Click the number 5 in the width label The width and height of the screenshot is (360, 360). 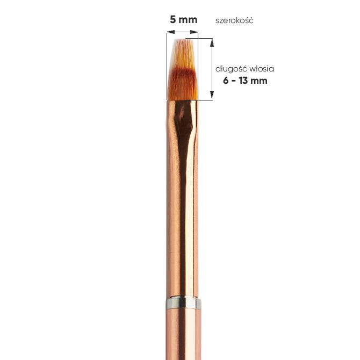[172, 19]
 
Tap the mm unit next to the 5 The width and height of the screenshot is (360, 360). [188, 20]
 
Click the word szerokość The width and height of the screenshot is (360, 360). [234, 20]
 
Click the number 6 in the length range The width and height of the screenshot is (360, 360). [226, 81]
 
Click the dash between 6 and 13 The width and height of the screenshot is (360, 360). [234, 81]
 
